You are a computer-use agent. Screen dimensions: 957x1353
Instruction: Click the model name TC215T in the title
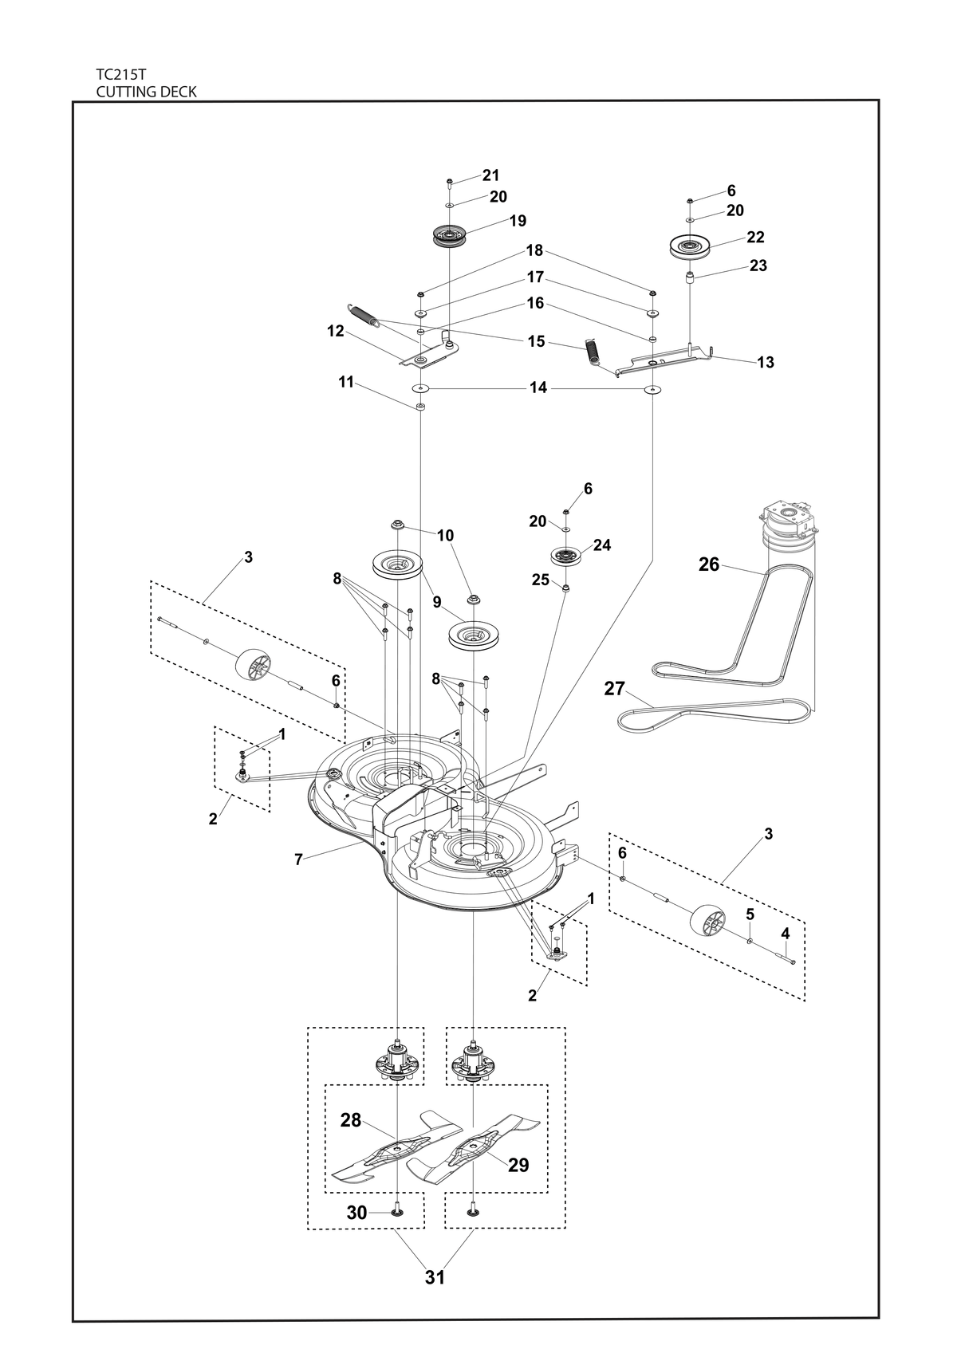pyautogui.click(x=120, y=74)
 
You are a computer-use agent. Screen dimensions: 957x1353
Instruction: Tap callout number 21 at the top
pyautogui.click(x=490, y=175)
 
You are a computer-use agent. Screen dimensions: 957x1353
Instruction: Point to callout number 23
pyautogui.click(x=758, y=265)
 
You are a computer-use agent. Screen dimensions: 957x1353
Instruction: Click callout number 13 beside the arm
pyautogui.click(x=766, y=363)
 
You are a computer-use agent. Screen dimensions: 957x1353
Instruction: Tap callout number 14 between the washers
pyautogui.click(x=538, y=387)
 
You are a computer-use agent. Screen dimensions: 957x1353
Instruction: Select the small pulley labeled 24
pyautogui.click(x=565, y=555)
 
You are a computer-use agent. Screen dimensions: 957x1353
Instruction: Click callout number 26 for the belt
pyautogui.click(x=709, y=564)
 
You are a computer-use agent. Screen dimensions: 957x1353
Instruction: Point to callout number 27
pyautogui.click(x=614, y=689)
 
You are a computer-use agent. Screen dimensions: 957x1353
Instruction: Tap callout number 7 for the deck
pyautogui.click(x=298, y=859)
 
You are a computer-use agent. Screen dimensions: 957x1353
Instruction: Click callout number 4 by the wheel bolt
pyautogui.click(x=785, y=934)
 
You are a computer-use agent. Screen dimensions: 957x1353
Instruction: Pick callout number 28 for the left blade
pyautogui.click(x=350, y=1120)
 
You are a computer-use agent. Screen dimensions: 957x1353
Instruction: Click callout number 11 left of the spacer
pyautogui.click(x=346, y=383)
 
